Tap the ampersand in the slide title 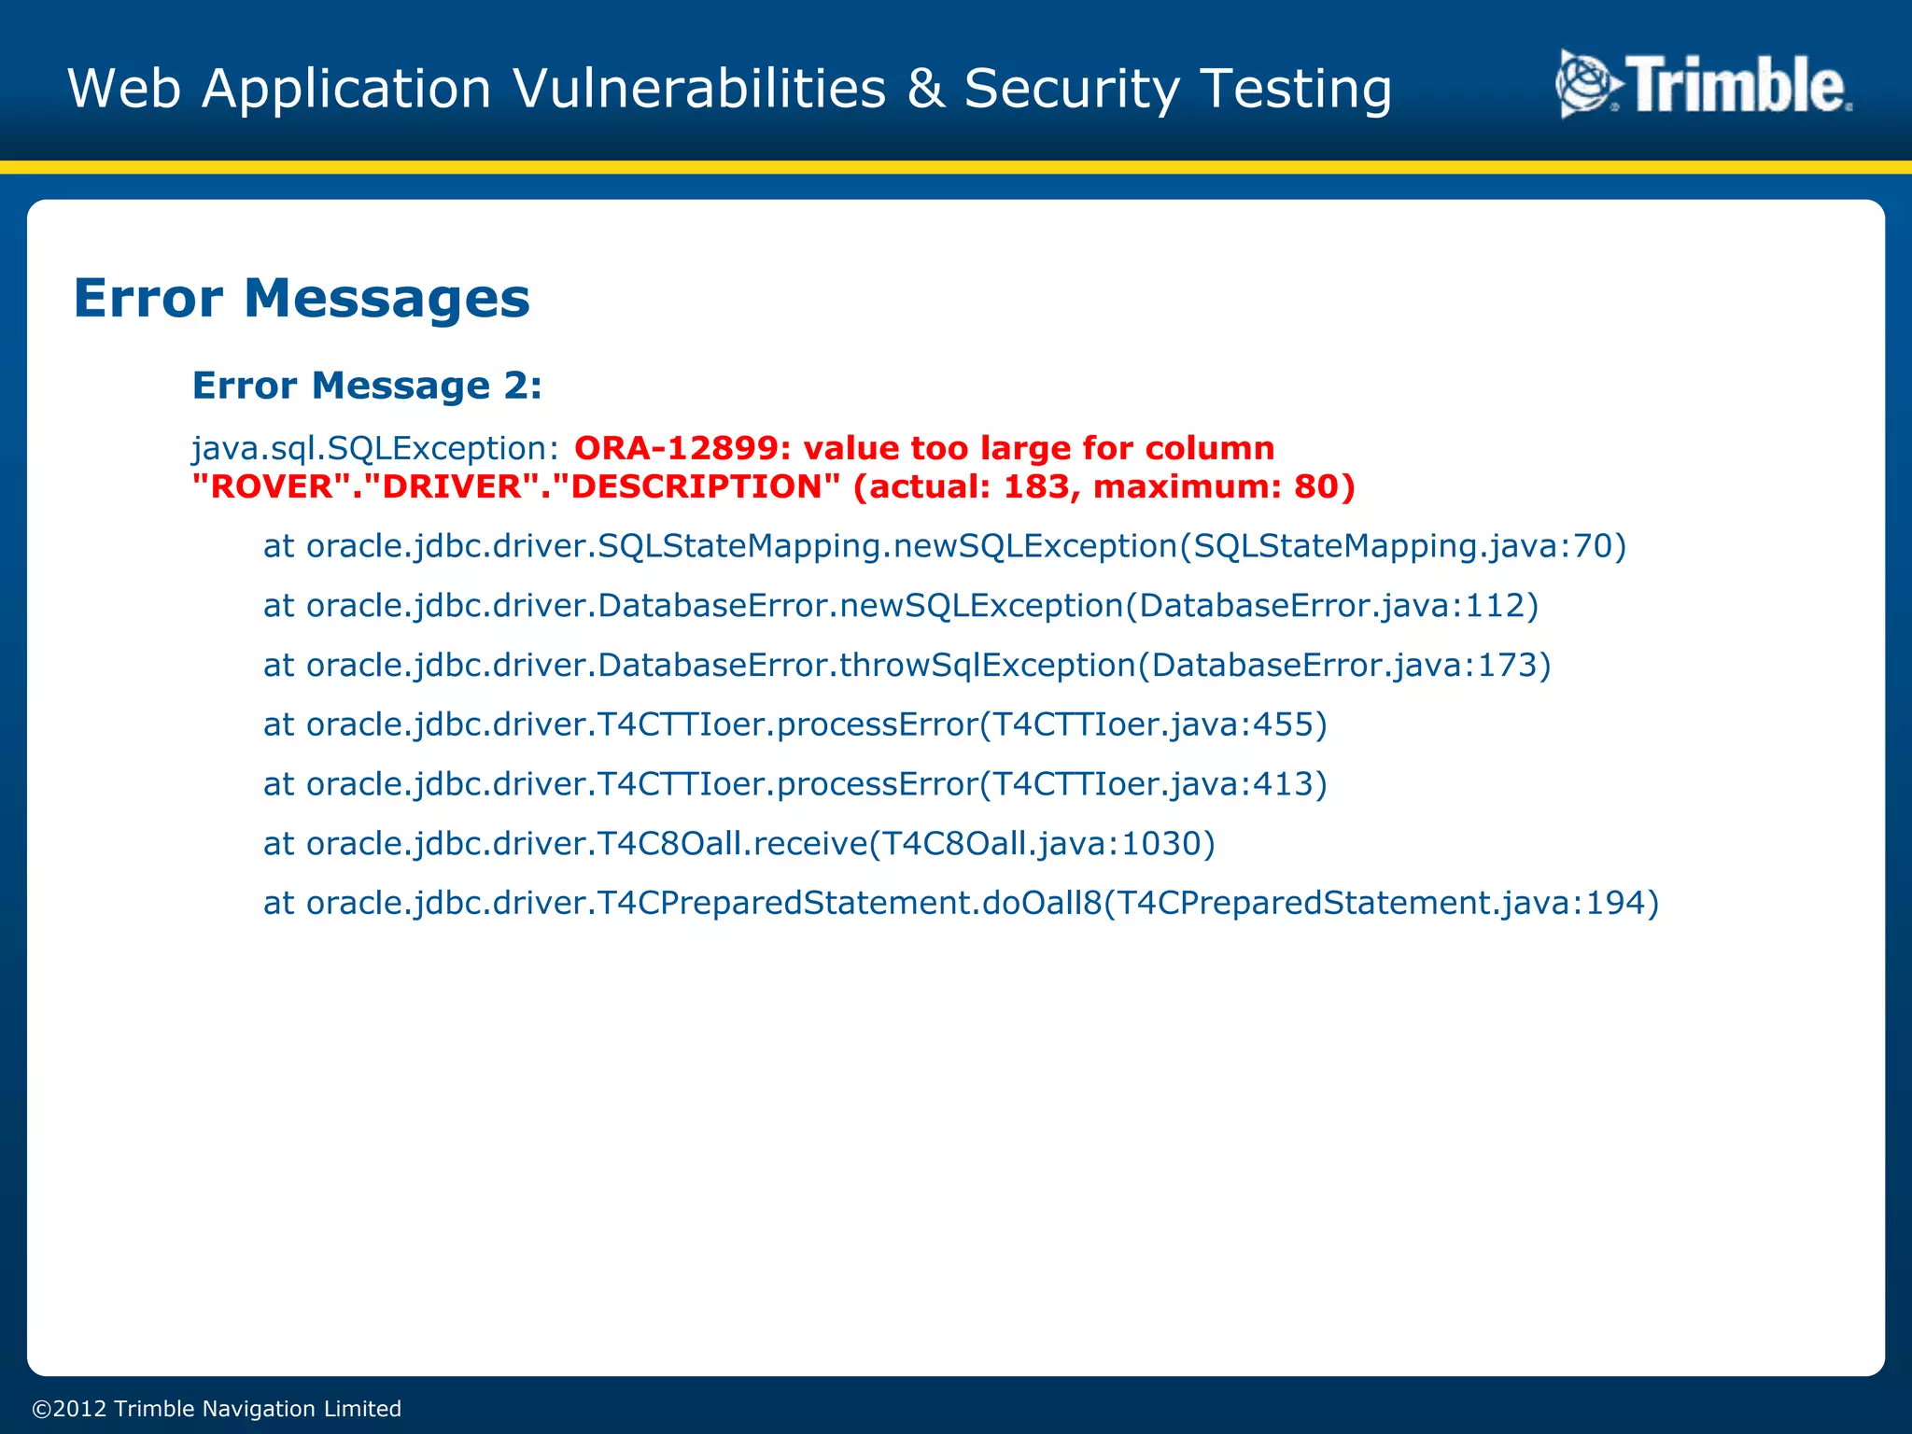click(924, 90)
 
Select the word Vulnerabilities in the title click(699, 90)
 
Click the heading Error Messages click(302, 299)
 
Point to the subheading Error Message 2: click(367, 386)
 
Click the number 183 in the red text click(1036, 486)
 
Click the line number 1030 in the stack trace click(1160, 844)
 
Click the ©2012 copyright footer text click(217, 1409)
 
